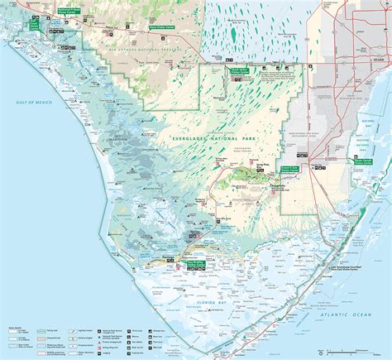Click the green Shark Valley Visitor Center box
(x=240, y=73)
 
